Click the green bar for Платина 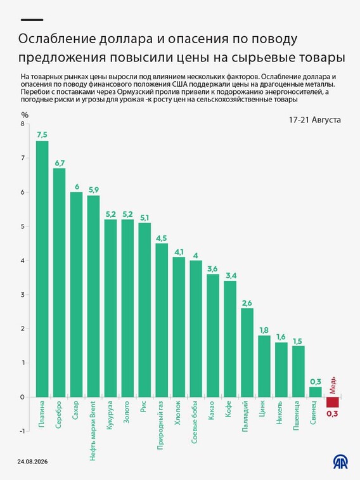tap(42, 269)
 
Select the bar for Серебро tap(60, 283)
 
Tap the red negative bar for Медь tap(333, 402)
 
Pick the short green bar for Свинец tap(316, 392)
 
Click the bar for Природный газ tap(162, 320)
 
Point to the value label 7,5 tap(42, 134)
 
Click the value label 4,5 tap(162, 238)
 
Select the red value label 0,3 tap(332, 413)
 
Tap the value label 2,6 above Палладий tap(247, 302)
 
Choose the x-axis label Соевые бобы tap(195, 422)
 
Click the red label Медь tap(333, 385)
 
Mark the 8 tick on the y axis tap(22, 124)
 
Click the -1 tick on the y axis tap(22, 431)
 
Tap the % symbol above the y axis tap(25, 115)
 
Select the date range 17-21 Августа tap(315, 120)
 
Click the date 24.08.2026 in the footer tap(32, 462)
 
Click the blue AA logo tap(340, 462)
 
